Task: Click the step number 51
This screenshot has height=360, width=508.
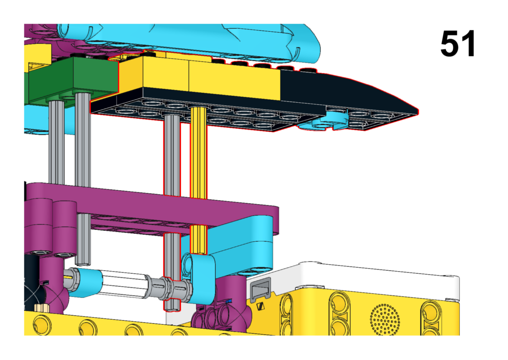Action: click(x=457, y=44)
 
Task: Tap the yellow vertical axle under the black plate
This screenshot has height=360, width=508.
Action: click(x=198, y=152)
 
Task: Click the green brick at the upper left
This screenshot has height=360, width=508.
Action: click(x=73, y=79)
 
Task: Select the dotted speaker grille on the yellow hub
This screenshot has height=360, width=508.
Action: click(x=384, y=319)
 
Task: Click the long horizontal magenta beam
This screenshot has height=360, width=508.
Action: click(x=152, y=208)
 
